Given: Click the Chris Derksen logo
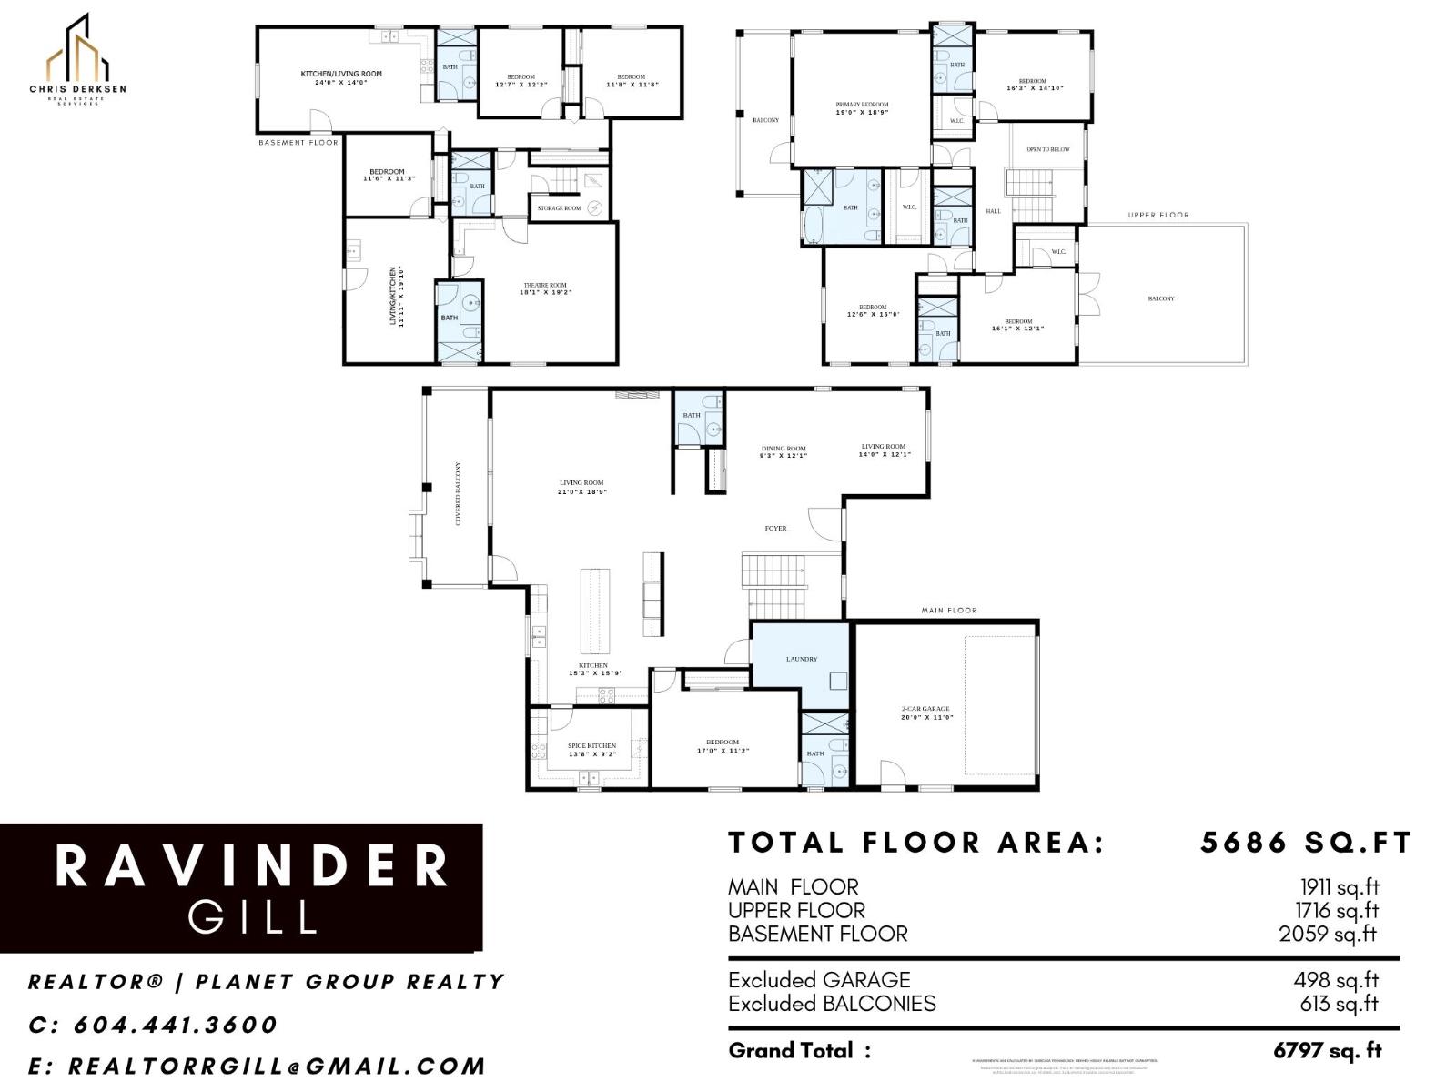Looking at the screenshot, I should [x=77, y=60].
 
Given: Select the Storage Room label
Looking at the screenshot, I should [x=559, y=208].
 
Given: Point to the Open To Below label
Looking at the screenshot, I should [x=1048, y=149].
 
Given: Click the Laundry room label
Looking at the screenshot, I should [x=802, y=659].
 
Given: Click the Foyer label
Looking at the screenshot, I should [x=775, y=528].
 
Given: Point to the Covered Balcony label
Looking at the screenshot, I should [x=458, y=493].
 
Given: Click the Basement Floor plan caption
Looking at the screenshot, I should [x=298, y=143].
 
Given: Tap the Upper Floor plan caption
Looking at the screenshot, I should [x=1158, y=216].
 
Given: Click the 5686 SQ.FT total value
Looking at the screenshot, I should [x=1305, y=843].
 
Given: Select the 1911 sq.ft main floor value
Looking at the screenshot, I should [x=1339, y=886].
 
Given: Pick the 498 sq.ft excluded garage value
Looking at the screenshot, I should [x=1336, y=980].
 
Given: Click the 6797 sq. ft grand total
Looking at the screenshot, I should [x=1327, y=1051].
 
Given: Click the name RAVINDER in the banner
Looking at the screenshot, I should [x=253, y=865].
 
